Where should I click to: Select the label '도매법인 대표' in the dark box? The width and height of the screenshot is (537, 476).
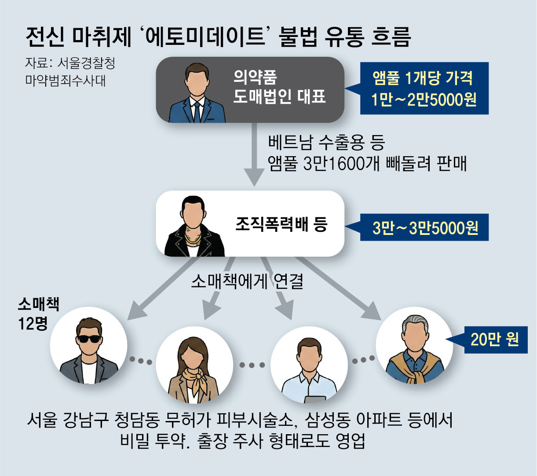point(279,96)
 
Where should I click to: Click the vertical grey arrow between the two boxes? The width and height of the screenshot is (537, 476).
point(255,154)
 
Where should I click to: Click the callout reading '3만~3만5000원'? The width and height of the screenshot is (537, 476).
point(425,228)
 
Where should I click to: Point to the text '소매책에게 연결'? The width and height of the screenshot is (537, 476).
point(247,281)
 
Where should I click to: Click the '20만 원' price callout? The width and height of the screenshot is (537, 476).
point(495,339)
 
